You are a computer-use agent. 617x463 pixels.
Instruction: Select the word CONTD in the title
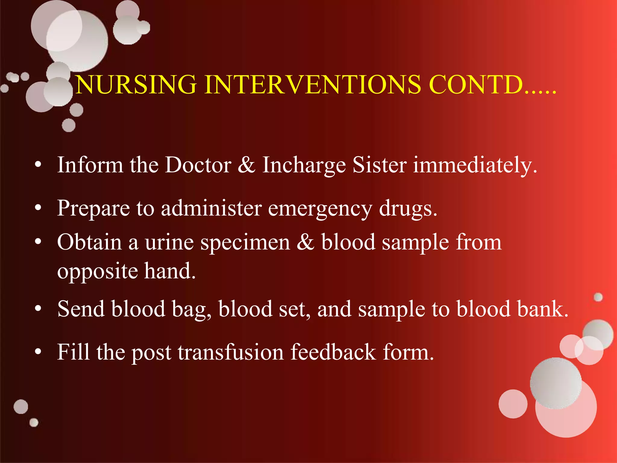point(476,85)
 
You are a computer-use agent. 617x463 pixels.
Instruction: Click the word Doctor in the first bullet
point(198,165)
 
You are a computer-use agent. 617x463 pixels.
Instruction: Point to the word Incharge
point(304,165)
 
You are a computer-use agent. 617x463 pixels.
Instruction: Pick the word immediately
point(475,165)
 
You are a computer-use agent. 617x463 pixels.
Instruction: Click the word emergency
point(320,209)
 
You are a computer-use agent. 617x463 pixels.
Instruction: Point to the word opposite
point(97,271)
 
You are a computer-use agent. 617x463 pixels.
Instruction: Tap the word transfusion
point(230,352)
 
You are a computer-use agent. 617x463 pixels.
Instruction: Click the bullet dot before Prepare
point(38,208)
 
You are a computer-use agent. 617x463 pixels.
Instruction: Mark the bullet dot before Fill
point(38,351)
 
